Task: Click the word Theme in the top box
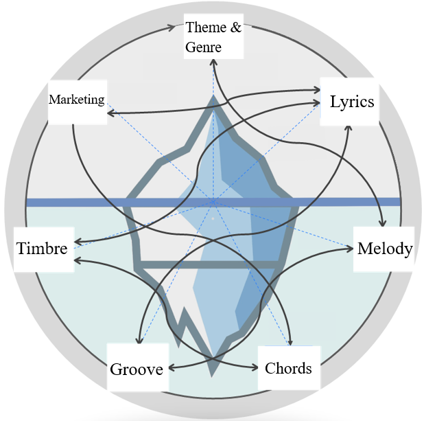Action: pos(206,27)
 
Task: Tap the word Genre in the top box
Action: pos(203,47)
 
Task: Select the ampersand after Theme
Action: pos(236,27)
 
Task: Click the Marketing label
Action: pos(77,100)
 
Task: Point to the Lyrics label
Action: pos(352,102)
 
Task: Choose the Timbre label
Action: pos(42,248)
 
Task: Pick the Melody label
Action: pos(385,249)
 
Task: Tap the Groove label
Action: pos(137,369)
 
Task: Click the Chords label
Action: pos(288,368)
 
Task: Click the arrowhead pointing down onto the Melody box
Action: pos(382,223)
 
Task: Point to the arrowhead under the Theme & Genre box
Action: pos(213,62)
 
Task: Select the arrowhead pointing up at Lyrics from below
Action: pos(349,128)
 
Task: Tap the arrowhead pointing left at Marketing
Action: pos(111,113)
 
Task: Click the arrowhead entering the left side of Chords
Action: pos(255,367)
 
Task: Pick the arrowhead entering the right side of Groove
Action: pos(172,368)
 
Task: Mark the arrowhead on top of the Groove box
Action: pos(139,340)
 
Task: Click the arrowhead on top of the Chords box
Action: pos(290,342)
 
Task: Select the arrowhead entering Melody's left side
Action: pos(350,248)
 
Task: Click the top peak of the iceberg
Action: pos(213,95)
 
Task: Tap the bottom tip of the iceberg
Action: pos(212,376)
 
